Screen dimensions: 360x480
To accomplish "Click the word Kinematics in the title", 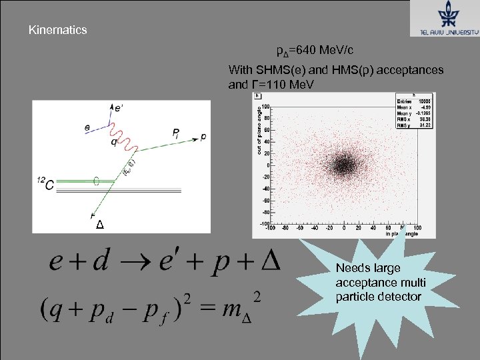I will point(57,30).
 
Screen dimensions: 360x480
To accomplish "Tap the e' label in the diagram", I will point(118,107).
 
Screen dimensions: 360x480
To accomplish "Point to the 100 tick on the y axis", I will point(265,106).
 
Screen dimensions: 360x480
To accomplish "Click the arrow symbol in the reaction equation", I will point(139,262).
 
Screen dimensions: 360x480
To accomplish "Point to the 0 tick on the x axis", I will point(344,229).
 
